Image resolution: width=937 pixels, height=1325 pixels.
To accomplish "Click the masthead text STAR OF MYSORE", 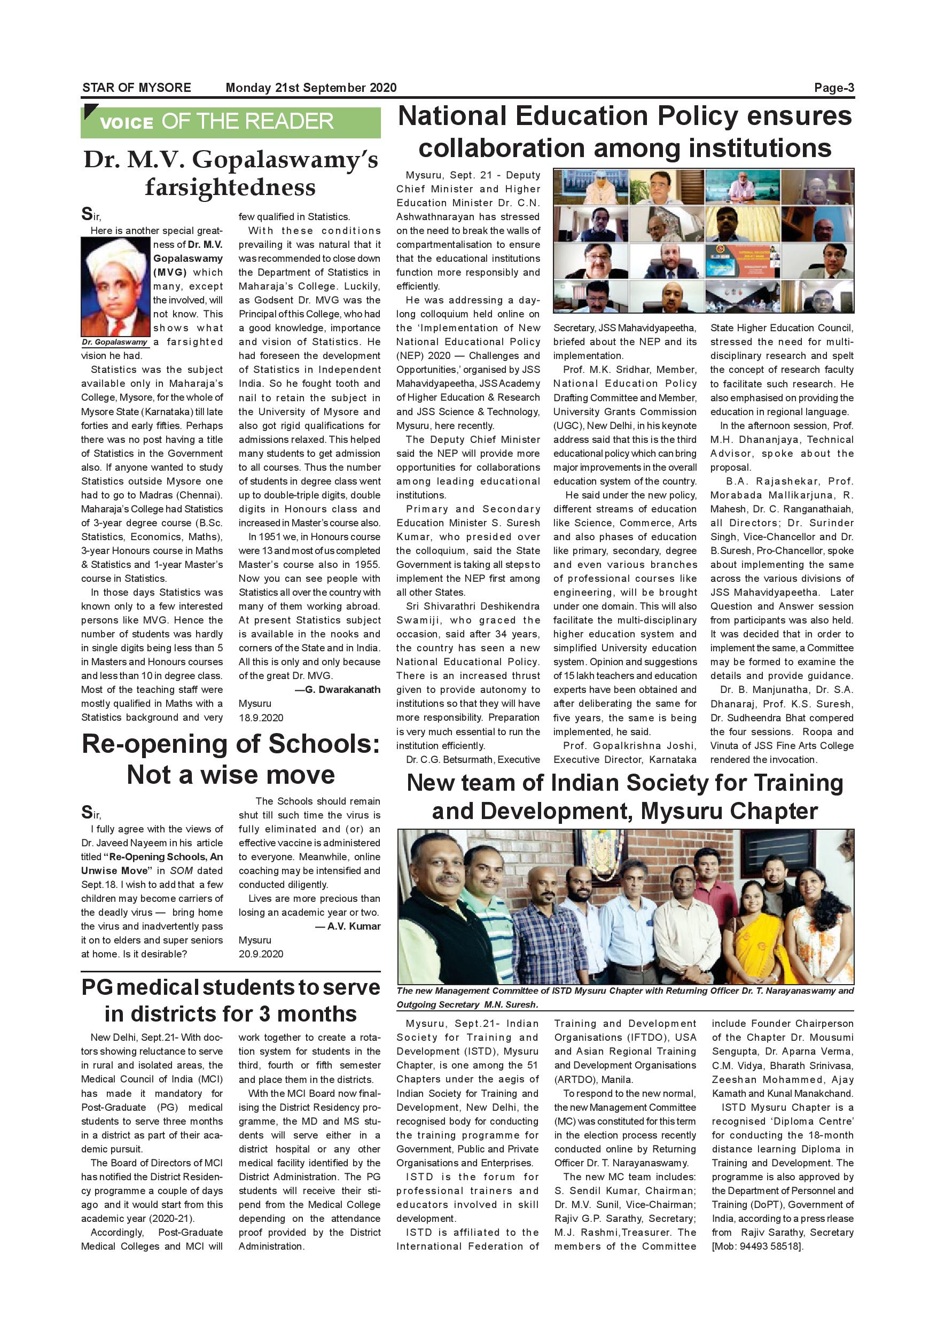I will [136, 88].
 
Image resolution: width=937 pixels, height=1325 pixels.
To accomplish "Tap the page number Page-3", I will [834, 88].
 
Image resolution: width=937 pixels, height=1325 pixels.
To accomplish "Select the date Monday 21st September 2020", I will [311, 88].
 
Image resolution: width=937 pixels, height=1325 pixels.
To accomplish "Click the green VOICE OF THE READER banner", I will [230, 122].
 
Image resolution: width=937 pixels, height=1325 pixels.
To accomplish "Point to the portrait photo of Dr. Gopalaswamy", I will [115, 287].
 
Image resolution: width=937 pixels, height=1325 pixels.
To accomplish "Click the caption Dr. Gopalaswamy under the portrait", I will [114, 342].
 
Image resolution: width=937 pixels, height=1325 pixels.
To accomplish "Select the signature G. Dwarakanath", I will [342, 690].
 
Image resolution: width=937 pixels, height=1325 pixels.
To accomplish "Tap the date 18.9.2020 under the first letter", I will [261, 718].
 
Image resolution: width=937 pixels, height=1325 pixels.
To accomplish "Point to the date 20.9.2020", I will [261, 954].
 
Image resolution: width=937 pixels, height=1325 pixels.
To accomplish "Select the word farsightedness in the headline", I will [230, 188].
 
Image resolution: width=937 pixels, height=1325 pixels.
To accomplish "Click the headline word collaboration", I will [502, 149].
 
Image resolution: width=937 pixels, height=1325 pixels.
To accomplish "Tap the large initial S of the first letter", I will [87, 215].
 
